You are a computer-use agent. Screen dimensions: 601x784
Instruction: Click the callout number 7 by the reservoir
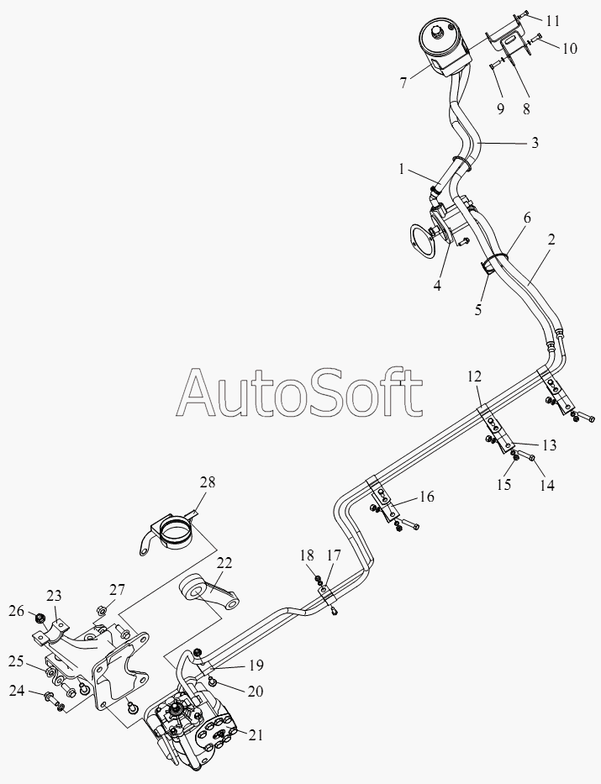click(403, 83)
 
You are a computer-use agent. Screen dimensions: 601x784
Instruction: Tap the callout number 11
click(552, 21)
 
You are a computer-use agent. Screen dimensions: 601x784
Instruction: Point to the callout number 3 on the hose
click(535, 143)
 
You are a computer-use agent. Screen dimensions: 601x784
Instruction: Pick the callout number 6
click(527, 218)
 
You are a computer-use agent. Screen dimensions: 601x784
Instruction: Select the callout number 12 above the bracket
click(475, 376)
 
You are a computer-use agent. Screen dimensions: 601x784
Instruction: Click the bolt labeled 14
click(525, 455)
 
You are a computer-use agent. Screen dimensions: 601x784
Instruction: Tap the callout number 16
click(426, 497)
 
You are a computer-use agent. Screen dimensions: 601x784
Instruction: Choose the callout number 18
click(307, 555)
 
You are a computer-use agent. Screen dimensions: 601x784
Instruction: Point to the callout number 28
click(208, 482)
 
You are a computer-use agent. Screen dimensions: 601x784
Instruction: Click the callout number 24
click(17, 691)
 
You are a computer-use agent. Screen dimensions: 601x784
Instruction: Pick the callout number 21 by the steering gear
click(256, 735)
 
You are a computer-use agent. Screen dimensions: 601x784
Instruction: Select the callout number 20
click(255, 691)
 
